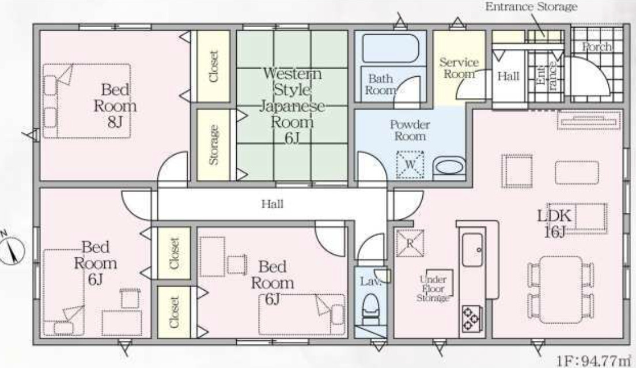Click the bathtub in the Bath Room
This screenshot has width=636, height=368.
390,48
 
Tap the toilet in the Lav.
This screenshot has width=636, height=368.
370,310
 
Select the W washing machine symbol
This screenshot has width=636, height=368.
410,164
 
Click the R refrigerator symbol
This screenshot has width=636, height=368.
410,243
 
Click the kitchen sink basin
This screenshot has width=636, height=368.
472,250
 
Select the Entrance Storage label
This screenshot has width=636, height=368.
531,6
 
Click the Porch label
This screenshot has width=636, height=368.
597,47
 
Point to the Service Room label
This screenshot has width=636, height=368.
459,68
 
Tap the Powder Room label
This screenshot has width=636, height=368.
410,130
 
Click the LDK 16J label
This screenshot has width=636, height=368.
554,223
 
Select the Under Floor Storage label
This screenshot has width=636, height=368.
433,288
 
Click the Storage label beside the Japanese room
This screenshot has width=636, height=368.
213,145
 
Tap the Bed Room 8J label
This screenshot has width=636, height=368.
115,106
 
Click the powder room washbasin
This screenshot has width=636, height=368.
449,168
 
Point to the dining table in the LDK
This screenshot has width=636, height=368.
561,289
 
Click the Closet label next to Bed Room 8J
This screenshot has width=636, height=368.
213,66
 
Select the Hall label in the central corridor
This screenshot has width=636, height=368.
272,204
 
